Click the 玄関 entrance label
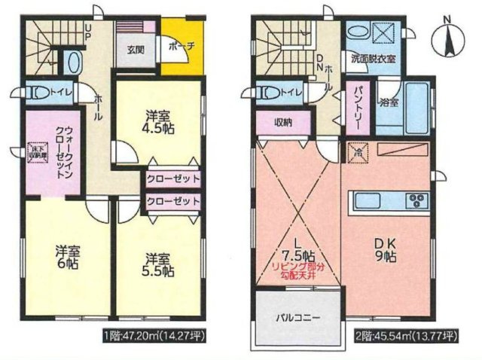[x=136, y=50]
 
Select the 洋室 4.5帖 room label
[x=158, y=123]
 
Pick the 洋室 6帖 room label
[x=66, y=257]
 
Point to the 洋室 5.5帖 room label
[x=159, y=263]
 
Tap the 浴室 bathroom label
[x=389, y=102]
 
